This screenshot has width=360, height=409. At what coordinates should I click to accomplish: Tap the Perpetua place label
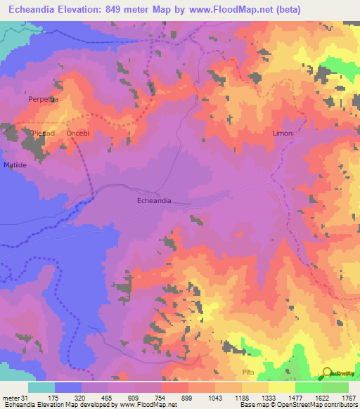(x=41, y=100)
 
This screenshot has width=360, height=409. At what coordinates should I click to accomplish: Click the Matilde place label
(x=15, y=164)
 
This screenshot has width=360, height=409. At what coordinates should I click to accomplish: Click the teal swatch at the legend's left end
(x=41, y=388)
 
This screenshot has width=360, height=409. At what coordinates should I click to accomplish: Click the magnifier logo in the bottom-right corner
(x=327, y=372)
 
